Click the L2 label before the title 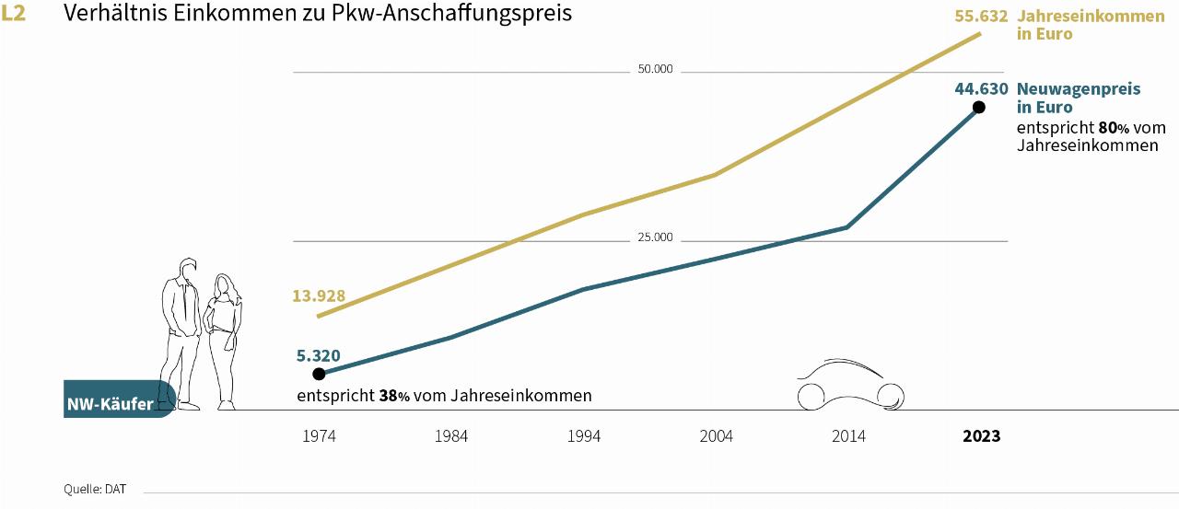tap(14, 14)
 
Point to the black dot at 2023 tap(978, 107)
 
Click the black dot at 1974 tap(319, 374)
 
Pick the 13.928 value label tap(319, 295)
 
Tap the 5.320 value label tap(319, 354)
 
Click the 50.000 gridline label tap(656, 69)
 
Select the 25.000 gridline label tap(656, 237)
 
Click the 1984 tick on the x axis tap(451, 436)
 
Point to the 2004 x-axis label tap(716, 436)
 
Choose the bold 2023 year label tap(981, 436)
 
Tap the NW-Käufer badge tap(111, 403)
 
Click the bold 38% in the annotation tap(394, 396)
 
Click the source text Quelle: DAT tap(95, 489)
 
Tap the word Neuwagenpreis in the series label tap(1079, 89)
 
